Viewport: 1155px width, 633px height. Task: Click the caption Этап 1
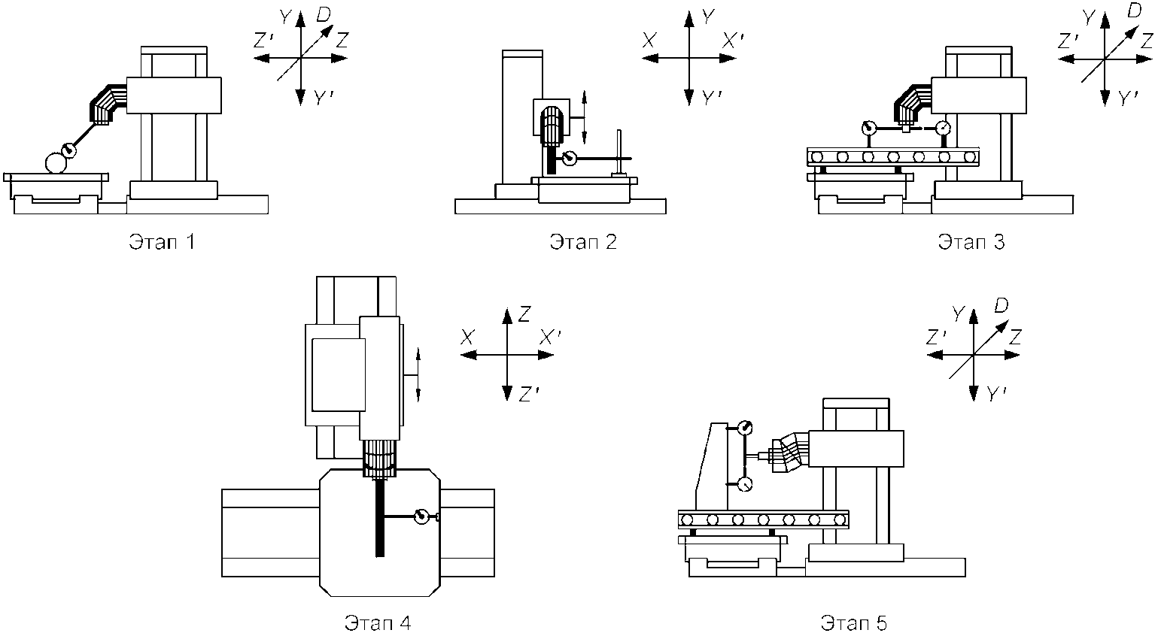162,241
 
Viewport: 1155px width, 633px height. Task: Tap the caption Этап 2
583,241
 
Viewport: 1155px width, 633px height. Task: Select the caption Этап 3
971,241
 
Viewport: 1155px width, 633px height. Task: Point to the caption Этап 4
378,622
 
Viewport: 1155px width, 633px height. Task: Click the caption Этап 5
854,622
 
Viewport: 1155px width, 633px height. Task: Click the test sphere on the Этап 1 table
56,163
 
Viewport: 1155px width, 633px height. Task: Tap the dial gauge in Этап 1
69,150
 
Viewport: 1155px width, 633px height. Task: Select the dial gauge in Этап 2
569,158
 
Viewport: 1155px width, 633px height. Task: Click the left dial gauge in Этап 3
868,127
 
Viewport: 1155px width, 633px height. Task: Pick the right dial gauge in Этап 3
944,127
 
